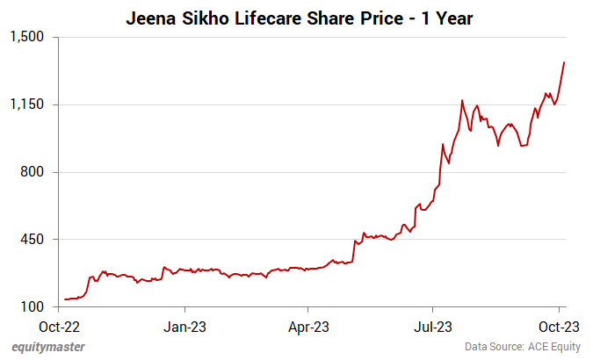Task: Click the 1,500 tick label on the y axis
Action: click(26, 38)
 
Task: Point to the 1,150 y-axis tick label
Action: click(26, 105)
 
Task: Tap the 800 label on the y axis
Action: click(33, 172)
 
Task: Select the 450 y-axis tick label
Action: click(33, 240)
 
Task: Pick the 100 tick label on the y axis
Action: click(33, 306)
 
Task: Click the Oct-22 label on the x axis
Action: click(61, 328)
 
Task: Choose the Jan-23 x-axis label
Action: click(185, 328)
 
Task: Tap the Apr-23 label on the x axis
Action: click(308, 328)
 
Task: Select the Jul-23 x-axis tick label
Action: click(433, 328)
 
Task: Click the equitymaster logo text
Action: click(49, 347)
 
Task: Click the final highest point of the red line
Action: click(564, 62)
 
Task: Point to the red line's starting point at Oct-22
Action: click(65, 299)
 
